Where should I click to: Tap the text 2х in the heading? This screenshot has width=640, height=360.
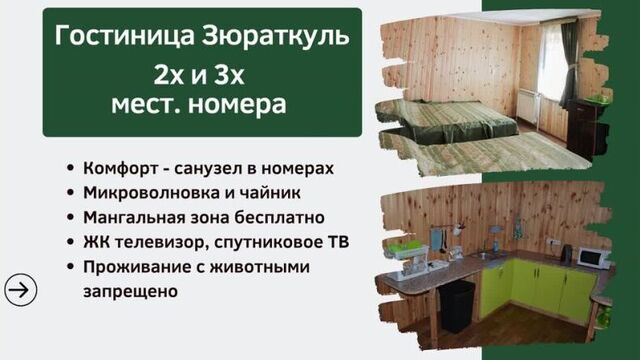tap(171, 73)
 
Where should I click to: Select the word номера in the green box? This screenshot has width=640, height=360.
tap(243, 104)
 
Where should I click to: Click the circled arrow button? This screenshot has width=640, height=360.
tap(20, 289)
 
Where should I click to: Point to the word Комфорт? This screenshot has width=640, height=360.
tap(123, 168)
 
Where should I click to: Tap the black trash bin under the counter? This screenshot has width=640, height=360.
tap(458, 305)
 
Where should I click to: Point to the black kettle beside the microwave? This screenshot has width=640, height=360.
tap(565, 254)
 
